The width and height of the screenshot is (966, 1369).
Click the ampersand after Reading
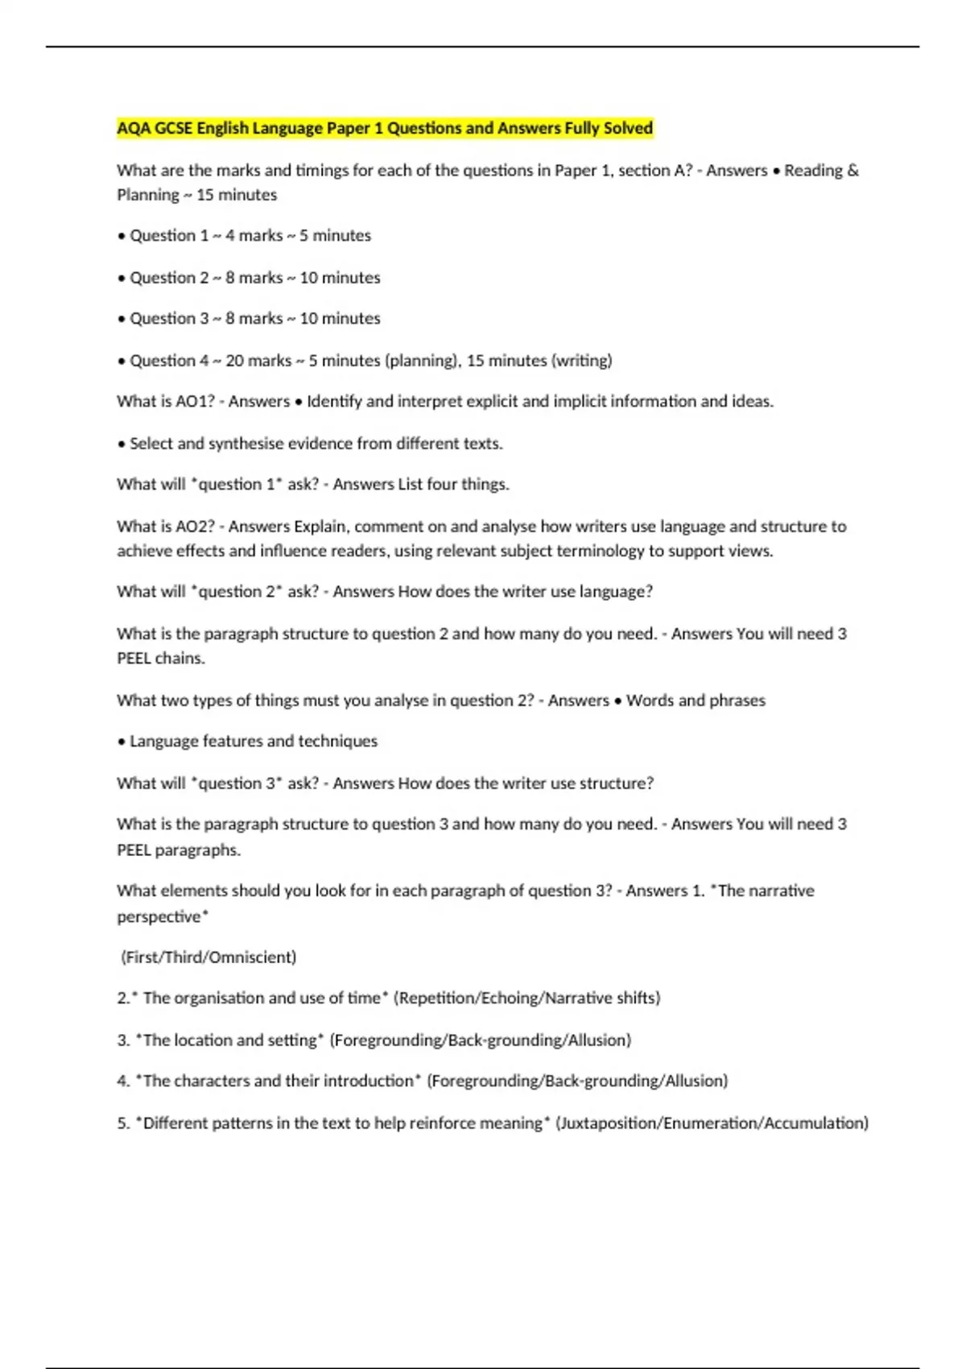tap(853, 171)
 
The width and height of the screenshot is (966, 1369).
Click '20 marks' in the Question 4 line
tap(258, 361)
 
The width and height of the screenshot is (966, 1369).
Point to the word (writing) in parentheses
tap(581, 361)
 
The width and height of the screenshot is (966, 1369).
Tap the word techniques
tap(337, 742)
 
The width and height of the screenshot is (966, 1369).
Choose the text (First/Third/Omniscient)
tap(208, 957)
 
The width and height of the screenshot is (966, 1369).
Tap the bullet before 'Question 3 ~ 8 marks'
tap(122, 320)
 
